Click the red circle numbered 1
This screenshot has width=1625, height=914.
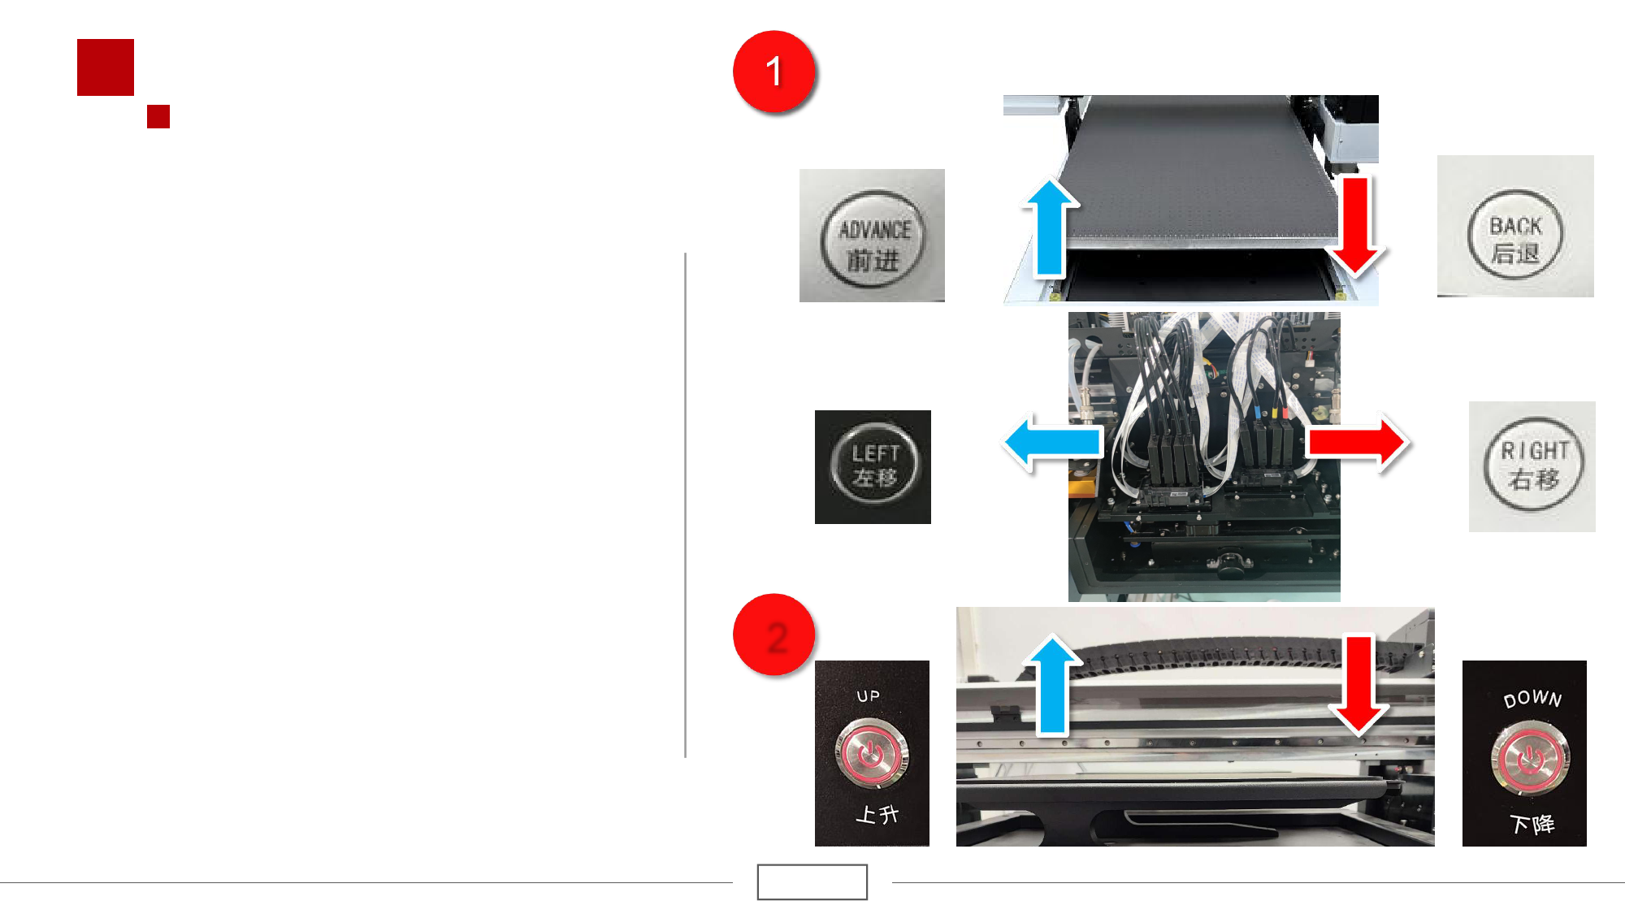(x=773, y=71)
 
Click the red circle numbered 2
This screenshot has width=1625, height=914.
(x=773, y=635)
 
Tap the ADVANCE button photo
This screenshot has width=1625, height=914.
(x=872, y=236)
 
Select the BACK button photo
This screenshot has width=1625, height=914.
(x=1515, y=226)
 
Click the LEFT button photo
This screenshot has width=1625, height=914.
(x=873, y=467)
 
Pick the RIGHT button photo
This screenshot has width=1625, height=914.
(x=1532, y=466)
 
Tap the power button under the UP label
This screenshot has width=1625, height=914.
(x=871, y=754)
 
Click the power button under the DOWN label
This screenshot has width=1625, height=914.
(x=1530, y=759)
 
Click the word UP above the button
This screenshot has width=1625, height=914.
(x=869, y=696)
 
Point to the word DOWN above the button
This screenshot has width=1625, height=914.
(x=1532, y=699)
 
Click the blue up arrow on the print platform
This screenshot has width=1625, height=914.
(x=1050, y=228)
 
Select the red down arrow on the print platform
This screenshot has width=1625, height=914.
(x=1355, y=226)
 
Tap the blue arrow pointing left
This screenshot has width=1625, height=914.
(x=1053, y=443)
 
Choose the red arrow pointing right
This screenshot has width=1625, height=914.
(x=1356, y=443)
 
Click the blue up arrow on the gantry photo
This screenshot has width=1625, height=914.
(x=1053, y=686)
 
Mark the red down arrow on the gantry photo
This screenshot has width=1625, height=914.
(x=1358, y=686)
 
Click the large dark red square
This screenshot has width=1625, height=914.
(x=106, y=67)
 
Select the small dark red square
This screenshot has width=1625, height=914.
(x=158, y=116)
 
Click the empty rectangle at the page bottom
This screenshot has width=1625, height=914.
(x=812, y=882)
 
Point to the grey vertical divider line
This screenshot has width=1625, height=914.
(x=686, y=505)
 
